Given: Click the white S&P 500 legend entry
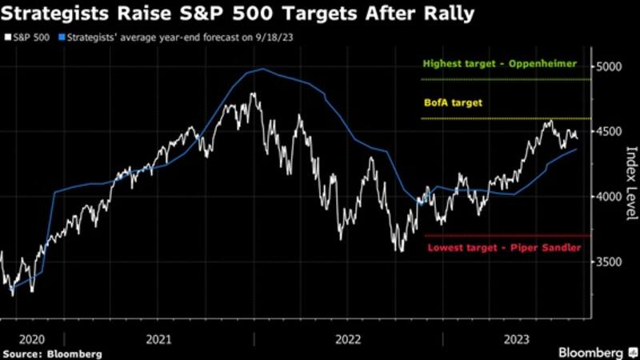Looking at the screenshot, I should click(x=29, y=37).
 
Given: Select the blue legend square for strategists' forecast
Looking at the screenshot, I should click(x=60, y=37).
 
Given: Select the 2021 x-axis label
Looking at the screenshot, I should click(x=158, y=338).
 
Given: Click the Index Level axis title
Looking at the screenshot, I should click(x=630, y=180).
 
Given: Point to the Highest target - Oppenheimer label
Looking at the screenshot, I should click(x=500, y=63).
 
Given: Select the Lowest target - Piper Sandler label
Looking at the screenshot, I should click(x=502, y=249).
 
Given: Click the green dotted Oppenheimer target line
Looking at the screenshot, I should click(x=504, y=79).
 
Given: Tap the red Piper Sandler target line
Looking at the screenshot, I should click(x=504, y=235).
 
